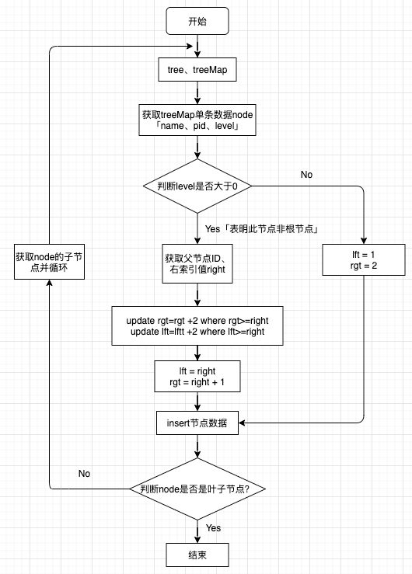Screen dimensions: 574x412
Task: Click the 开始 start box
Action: (x=197, y=21)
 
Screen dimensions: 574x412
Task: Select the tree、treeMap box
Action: (x=197, y=70)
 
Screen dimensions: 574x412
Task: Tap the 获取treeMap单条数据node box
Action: (x=197, y=120)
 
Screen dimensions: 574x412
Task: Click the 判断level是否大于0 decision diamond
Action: (x=197, y=186)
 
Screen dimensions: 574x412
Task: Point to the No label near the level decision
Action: (x=306, y=175)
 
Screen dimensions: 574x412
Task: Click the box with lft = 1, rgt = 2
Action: (x=363, y=260)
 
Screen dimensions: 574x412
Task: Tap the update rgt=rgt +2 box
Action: (x=197, y=325)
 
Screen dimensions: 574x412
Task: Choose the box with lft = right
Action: (x=197, y=377)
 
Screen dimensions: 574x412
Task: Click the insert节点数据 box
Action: (x=197, y=423)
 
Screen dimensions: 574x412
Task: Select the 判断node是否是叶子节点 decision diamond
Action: (x=197, y=489)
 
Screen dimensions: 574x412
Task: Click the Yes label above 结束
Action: (x=213, y=528)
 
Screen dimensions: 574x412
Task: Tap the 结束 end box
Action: (x=197, y=555)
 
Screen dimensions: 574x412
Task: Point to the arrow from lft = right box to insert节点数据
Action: (x=197, y=402)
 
